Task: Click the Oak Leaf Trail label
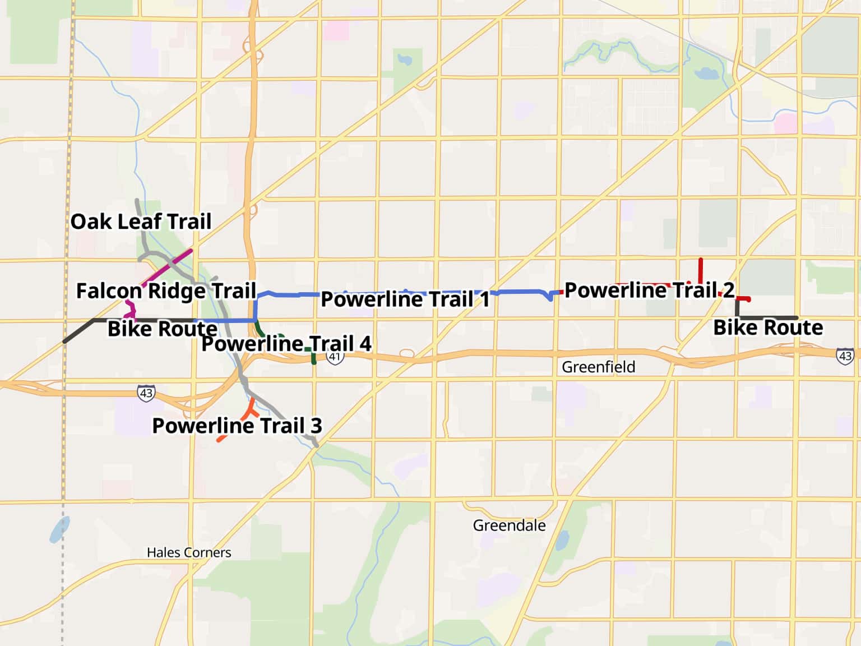[141, 222]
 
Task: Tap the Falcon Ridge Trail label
[166, 291]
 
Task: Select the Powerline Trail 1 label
[405, 299]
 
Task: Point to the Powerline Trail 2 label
[649, 290]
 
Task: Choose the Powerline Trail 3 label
[237, 426]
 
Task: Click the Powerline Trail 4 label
[286, 344]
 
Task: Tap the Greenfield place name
[598, 367]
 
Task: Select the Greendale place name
[509, 525]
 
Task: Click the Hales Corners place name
[189, 552]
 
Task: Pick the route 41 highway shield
[335, 357]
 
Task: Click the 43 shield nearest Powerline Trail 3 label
[146, 393]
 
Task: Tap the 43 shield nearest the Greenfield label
[845, 356]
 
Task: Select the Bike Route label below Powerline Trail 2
[767, 327]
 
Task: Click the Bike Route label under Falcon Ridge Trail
[162, 329]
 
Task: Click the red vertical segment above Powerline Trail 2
[701, 270]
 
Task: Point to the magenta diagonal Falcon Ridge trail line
[168, 267]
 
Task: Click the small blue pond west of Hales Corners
[59, 529]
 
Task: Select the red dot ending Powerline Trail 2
[748, 299]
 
